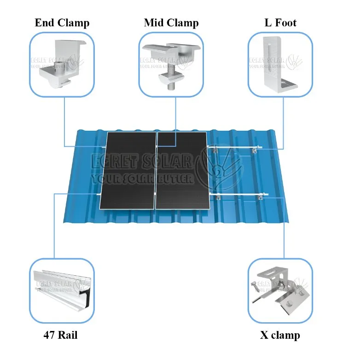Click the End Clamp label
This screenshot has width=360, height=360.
point(62,23)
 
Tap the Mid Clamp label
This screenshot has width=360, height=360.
point(171,23)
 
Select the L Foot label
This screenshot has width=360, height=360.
point(280,23)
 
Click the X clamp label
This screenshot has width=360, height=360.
point(280,335)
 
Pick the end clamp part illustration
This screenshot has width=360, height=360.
point(62,64)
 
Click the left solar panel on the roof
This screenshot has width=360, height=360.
point(130,170)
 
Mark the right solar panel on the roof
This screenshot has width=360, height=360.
point(181,170)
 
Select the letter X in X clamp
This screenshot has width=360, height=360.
point(264,335)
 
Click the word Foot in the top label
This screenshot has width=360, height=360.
point(286,23)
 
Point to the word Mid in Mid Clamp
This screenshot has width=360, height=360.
point(154,23)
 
